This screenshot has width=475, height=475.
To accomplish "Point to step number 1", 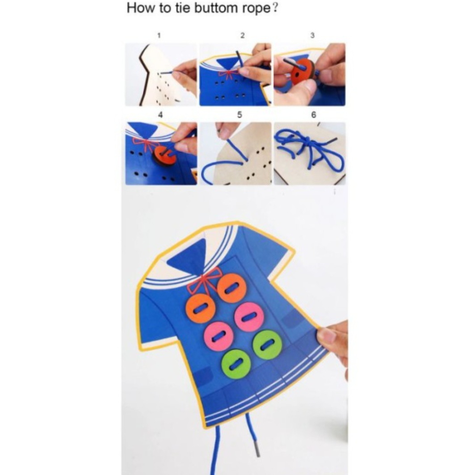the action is pos(159,35).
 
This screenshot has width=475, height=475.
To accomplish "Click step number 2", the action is pos(242,35).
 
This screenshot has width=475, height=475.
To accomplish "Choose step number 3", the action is pos(312,35).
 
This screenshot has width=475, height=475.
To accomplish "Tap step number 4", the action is pos(160,115).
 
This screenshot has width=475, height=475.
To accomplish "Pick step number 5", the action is pos(240,115).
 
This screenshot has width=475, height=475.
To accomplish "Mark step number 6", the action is pos(314,115).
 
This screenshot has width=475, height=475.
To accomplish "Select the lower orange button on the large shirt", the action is pos(201,308).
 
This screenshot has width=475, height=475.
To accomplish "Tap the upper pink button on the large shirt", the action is pos(249,317).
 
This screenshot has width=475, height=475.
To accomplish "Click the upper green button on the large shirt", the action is pos(267,345).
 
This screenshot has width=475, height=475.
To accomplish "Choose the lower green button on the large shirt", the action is pos(236,364).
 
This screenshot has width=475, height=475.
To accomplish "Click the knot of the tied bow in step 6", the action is pos(308,140).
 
